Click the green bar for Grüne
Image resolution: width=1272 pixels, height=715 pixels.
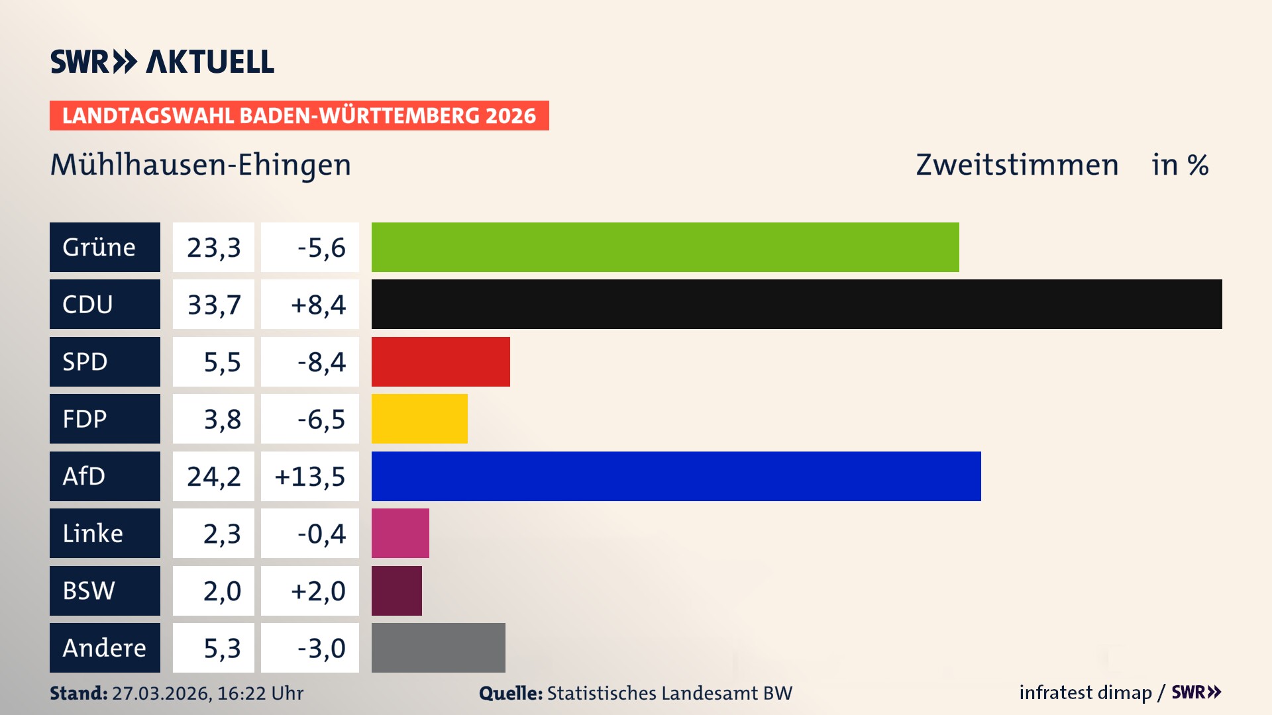(x=665, y=247)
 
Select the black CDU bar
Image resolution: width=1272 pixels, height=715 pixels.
(x=796, y=304)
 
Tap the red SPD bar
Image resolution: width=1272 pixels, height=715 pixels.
(x=441, y=361)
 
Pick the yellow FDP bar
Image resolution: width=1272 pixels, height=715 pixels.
(x=419, y=418)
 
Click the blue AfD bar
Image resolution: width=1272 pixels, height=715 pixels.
(x=676, y=476)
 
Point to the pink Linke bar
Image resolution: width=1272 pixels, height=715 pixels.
(x=400, y=533)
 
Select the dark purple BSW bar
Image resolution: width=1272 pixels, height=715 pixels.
(x=396, y=591)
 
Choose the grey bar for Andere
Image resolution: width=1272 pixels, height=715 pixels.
(x=438, y=647)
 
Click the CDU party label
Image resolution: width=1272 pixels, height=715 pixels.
(x=105, y=304)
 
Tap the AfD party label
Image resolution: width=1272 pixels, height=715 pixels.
(x=105, y=476)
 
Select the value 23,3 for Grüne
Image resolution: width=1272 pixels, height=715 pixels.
(x=213, y=247)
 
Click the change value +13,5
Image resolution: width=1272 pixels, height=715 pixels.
(x=310, y=476)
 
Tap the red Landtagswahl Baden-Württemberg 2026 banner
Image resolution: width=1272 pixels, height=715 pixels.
(x=299, y=115)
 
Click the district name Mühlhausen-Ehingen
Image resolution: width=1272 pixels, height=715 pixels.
(x=201, y=164)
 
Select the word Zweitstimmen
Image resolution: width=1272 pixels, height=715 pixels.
(x=1017, y=164)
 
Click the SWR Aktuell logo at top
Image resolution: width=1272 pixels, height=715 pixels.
(x=162, y=62)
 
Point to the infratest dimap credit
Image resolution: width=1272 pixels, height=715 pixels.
(x=1085, y=692)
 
